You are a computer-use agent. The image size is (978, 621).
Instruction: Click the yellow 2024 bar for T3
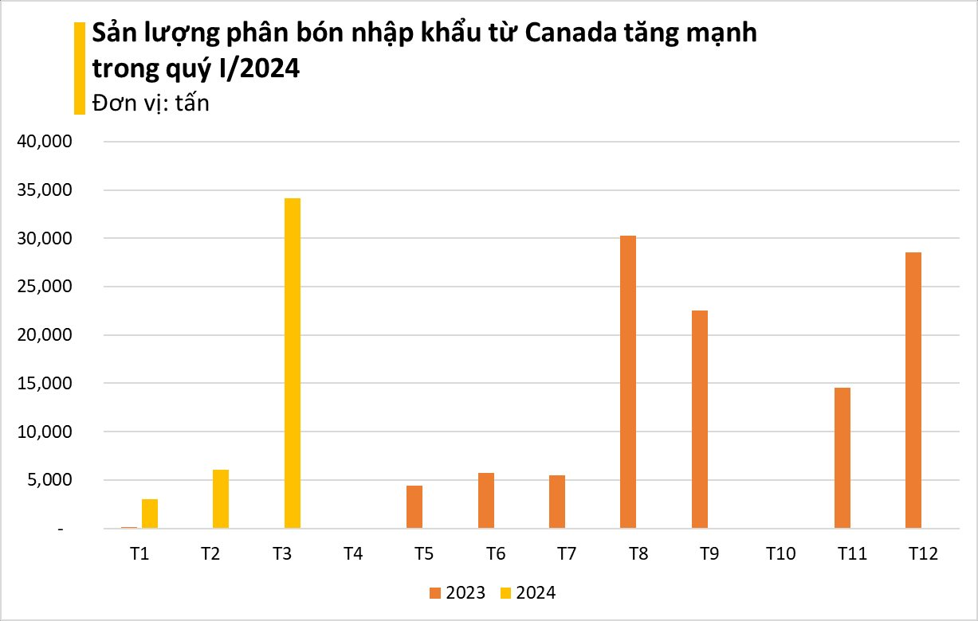(293, 363)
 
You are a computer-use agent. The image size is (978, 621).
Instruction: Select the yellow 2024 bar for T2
(221, 499)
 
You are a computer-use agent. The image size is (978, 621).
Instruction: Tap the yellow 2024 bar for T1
(150, 514)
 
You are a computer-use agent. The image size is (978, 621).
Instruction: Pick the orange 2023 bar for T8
(628, 382)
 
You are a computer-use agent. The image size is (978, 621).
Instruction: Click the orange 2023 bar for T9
(700, 420)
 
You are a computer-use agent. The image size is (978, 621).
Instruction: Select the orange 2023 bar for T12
(913, 390)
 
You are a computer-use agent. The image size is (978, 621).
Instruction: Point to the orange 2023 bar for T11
(842, 458)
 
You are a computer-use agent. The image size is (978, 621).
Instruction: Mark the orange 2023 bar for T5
(414, 507)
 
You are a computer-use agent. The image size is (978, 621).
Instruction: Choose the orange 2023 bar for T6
(486, 501)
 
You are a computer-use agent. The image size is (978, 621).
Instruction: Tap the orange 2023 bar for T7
(557, 502)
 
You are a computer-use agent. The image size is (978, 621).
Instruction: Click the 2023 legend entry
(457, 592)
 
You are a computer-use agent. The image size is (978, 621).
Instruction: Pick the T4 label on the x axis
(353, 553)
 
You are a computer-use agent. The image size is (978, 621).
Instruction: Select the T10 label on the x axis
(781, 553)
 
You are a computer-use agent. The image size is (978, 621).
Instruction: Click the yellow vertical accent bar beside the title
(79, 68)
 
